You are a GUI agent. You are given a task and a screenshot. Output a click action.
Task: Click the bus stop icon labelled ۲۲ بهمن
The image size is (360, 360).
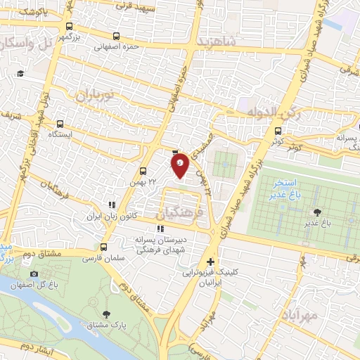click(x=143, y=171)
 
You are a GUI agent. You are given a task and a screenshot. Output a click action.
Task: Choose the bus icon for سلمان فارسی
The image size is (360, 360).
click(x=104, y=247)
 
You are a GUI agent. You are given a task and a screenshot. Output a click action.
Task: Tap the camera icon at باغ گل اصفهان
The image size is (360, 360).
click(x=34, y=274)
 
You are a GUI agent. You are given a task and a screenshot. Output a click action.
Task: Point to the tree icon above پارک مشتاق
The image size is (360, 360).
click(x=106, y=314)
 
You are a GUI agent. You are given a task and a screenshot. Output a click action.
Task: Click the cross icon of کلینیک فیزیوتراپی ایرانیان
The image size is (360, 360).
click(x=210, y=261)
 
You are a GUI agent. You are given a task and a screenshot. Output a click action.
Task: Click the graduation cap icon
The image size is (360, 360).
click(x=20, y=73)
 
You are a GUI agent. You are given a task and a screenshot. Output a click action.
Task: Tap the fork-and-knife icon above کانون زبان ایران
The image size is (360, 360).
click(x=110, y=205)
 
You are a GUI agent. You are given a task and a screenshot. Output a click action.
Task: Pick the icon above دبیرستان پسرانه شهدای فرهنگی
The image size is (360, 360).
click(x=161, y=228)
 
